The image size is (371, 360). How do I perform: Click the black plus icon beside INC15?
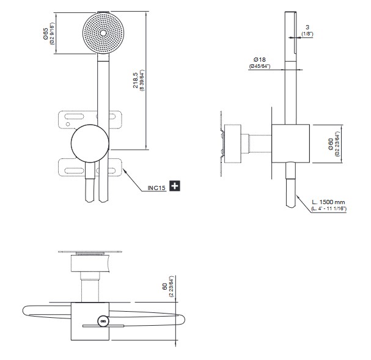point(175,186)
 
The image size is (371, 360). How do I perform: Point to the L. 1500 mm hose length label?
point(328,201)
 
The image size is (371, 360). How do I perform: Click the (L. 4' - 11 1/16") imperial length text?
point(328,208)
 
